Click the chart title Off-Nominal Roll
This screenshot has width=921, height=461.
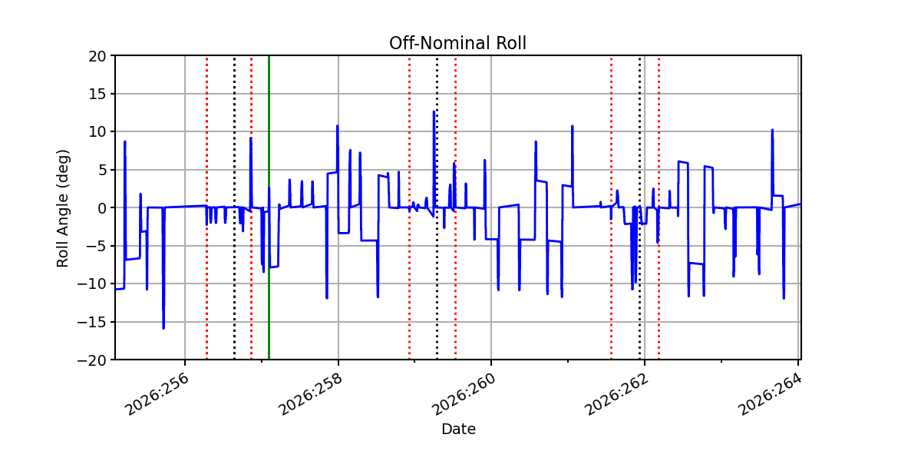pyautogui.click(x=457, y=43)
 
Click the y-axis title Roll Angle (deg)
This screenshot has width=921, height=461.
pyautogui.click(x=62, y=208)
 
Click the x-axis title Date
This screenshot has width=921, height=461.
pyautogui.click(x=458, y=429)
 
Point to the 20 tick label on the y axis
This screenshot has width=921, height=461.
pyautogui.click(x=97, y=56)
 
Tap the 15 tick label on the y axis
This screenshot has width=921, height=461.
pyautogui.click(x=97, y=95)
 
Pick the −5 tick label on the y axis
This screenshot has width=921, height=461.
pyautogui.click(x=96, y=247)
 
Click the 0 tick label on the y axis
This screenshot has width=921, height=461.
pyautogui.click(x=101, y=208)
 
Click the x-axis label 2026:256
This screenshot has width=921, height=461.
pyautogui.click(x=157, y=394)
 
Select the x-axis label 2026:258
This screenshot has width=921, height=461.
pyautogui.click(x=310, y=394)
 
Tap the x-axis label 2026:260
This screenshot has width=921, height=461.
pyautogui.click(x=464, y=394)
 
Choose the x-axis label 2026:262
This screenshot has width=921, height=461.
pyautogui.click(x=617, y=394)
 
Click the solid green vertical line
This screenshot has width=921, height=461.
pyautogui.click(x=269, y=207)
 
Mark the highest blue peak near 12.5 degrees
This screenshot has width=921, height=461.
pyautogui.click(x=434, y=111)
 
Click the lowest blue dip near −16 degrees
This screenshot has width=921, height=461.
pyautogui.click(x=163, y=328)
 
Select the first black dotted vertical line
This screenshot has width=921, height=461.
pyautogui.click(x=234, y=207)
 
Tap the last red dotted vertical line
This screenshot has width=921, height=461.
pyautogui.click(x=659, y=207)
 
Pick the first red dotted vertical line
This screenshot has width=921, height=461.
pyautogui.click(x=206, y=207)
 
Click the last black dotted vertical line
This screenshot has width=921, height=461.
pyautogui.click(x=640, y=207)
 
